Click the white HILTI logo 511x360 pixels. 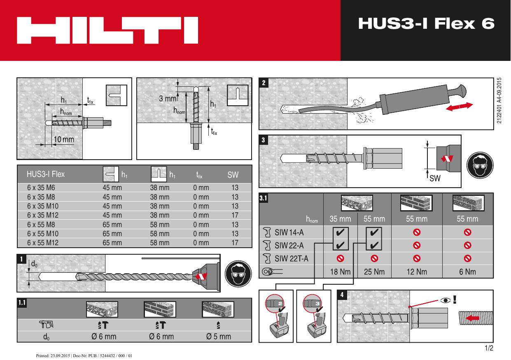pyautogui.click(x=107, y=30)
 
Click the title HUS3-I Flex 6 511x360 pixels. pyautogui.click(x=426, y=24)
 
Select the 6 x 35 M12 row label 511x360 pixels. pyautogui.click(x=43, y=215)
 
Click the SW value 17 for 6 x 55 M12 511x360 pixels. pyautogui.click(x=235, y=243)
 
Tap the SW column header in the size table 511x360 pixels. pyautogui.click(x=233, y=175)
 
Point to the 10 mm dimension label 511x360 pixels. pyautogui.click(x=64, y=139)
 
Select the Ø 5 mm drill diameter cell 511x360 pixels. pyautogui.click(x=219, y=337)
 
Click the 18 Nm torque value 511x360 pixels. pyautogui.click(x=340, y=272)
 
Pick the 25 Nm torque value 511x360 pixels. pyautogui.click(x=374, y=272)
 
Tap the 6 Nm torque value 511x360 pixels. pyautogui.click(x=467, y=272)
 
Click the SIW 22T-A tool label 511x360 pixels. pyautogui.click(x=291, y=259)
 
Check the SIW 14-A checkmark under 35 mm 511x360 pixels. pyautogui.click(x=340, y=232)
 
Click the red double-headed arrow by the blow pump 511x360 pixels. pyautogui.click(x=459, y=107)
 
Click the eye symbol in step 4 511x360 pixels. pyautogui.click(x=445, y=300)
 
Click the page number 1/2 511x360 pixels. pyautogui.click(x=489, y=348)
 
